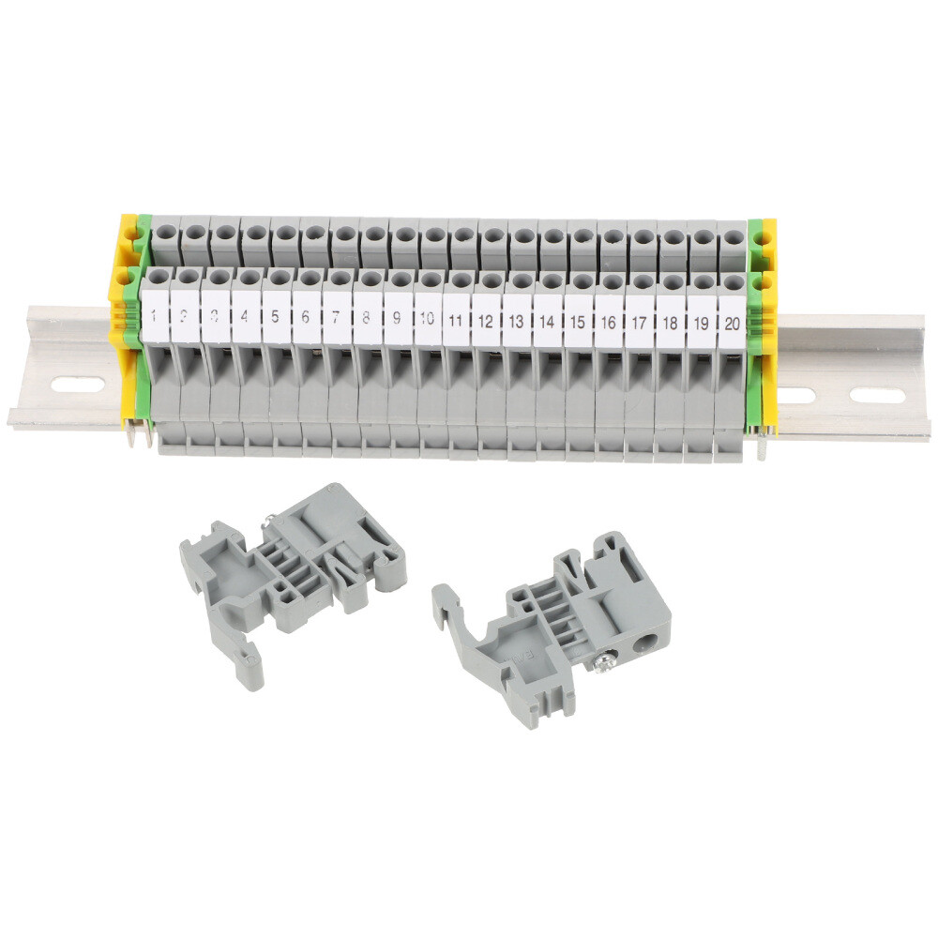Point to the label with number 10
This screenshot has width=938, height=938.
[x=427, y=317]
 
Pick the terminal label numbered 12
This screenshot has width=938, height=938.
[x=487, y=319]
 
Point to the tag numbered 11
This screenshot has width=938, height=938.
[x=457, y=319]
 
